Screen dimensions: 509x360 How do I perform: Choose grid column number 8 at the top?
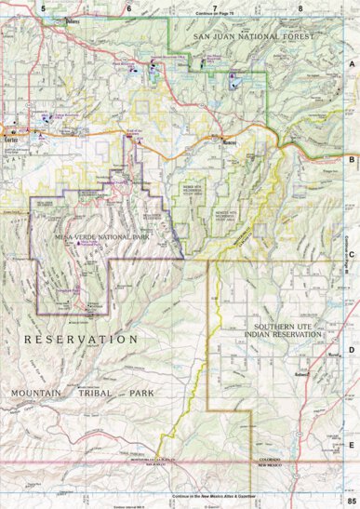300,7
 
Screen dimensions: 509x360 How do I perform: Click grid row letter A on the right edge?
352,64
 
